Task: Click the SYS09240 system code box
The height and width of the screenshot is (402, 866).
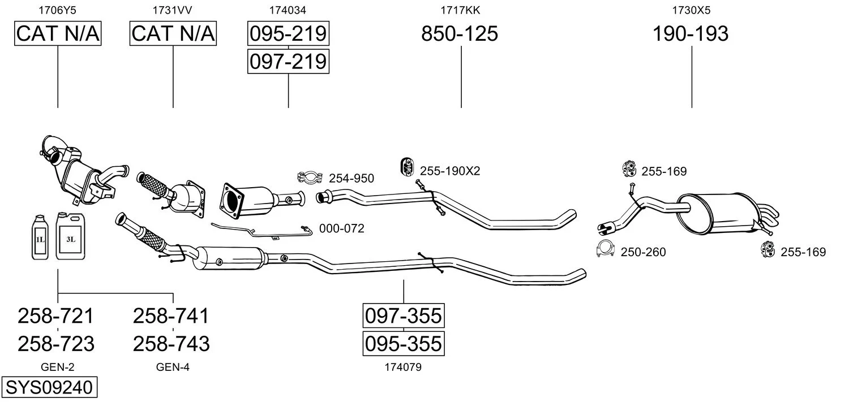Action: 49,388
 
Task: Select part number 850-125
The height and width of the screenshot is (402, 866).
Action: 460,34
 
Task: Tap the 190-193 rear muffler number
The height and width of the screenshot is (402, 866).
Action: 691,34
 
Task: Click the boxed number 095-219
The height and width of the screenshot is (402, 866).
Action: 288,34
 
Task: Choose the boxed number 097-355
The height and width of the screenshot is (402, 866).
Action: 403,315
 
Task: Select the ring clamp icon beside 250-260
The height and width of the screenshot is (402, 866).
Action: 606,249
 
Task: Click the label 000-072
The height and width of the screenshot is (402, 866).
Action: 342,228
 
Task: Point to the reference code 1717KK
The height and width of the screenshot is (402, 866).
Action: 460,10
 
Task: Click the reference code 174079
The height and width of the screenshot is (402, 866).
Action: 403,368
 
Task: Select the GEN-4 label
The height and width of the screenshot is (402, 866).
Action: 173,368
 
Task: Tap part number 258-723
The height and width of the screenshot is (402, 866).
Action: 56,344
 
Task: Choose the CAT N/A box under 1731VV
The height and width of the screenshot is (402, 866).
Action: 173,34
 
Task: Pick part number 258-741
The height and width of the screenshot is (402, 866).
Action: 171,315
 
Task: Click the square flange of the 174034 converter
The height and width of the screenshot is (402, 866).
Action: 232,200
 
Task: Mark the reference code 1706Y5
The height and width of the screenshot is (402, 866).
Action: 57,10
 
